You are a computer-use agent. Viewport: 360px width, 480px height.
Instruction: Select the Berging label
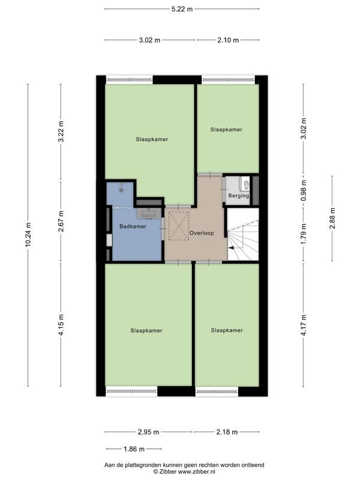click(x=238, y=196)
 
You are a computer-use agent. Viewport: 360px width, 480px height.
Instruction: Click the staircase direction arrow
click(x=231, y=247)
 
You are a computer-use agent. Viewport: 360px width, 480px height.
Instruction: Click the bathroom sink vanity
click(x=149, y=212)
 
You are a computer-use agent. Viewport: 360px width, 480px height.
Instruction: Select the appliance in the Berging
click(x=245, y=184)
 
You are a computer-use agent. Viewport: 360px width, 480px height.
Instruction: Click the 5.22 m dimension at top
click(x=182, y=9)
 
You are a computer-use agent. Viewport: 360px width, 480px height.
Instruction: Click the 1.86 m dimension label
click(x=133, y=449)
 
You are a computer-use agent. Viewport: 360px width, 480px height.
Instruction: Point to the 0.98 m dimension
click(x=304, y=191)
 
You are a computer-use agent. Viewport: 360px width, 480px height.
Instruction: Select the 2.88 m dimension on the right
click(x=332, y=218)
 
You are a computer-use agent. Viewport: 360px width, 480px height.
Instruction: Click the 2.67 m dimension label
click(x=61, y=221)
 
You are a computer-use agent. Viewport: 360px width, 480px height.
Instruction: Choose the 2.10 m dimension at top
click(x=227, y=40)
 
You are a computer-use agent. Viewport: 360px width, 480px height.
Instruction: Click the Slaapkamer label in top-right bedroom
click(x=226, y=130)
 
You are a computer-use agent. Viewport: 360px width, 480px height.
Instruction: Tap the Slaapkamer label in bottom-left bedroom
click(x=146, y=330)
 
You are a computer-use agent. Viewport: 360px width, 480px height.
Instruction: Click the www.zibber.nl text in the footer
click(x=191, y=472)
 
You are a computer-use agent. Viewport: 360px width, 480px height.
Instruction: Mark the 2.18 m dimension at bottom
click(x=226, y=432)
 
